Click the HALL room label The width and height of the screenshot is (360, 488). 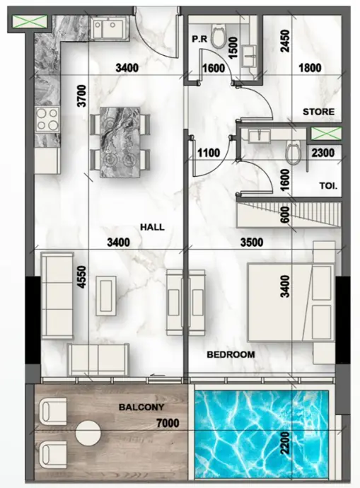tap(152, 227)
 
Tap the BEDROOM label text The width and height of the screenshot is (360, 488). tap(231, 354)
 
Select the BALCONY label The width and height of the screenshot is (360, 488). tap(141, 407)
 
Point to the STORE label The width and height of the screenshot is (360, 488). tap(318, 112)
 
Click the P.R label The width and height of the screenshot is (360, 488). tap(199, 40)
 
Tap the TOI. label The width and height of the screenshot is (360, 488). tap(328, 186)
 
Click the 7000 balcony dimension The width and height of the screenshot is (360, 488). tap(168, 423)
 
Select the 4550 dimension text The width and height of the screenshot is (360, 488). tap(81, 277)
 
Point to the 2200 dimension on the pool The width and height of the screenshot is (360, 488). tap(284, 443)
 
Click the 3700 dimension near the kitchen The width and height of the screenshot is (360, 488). tap(81, 95)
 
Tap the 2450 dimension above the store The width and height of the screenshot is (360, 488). tap(285, 41)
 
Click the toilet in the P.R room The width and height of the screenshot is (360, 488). tap(218, 36)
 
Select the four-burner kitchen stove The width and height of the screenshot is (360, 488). tap(47, 119)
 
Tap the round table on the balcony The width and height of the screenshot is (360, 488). tap(88, 433)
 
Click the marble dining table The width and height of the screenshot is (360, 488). tap(120, 142)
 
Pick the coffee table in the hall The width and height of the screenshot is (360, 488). tap(106, 296)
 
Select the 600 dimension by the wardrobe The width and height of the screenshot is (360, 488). tap(285, 215)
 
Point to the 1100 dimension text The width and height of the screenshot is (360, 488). tap(209, 153)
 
